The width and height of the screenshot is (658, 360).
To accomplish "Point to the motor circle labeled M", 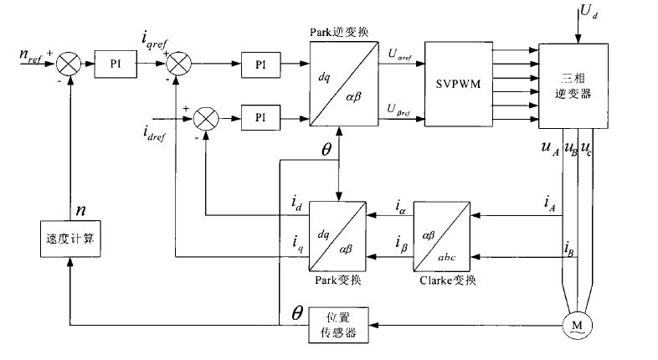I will pyautogui.click(x=574, y=323).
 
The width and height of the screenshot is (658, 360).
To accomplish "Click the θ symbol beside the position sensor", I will pyautogui.click(x=296, y=311).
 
